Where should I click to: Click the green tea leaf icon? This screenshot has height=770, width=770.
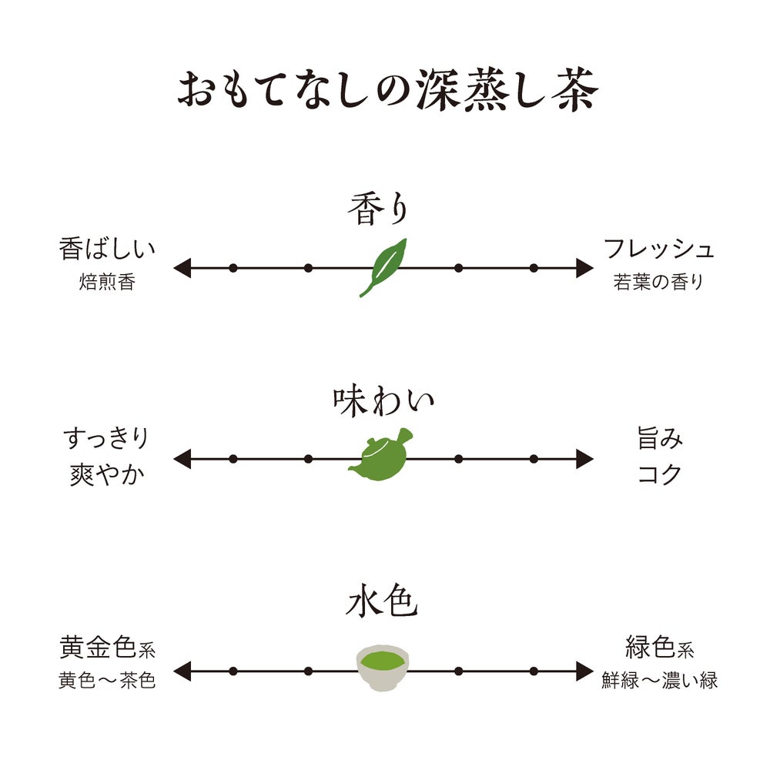[383, 267]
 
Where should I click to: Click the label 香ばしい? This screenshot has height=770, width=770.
[107, 249]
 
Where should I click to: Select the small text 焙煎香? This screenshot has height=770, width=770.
[107, 282]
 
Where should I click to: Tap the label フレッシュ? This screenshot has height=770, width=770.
[658, 249]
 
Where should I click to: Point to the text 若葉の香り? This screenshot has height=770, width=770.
[658, 282]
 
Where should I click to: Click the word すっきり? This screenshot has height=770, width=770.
[105, 440]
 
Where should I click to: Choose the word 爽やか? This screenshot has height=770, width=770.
[106, 474]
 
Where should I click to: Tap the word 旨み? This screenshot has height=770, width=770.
[660, 440]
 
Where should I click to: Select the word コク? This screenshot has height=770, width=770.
[660, 474]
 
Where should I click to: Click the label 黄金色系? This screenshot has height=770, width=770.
[108, 648]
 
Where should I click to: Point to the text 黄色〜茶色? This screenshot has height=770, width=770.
[107, 681]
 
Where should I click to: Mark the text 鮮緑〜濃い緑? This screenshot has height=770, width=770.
[659, 681]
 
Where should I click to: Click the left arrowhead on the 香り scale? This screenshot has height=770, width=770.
[181, 268]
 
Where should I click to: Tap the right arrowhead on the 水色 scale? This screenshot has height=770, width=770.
[584, 670]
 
